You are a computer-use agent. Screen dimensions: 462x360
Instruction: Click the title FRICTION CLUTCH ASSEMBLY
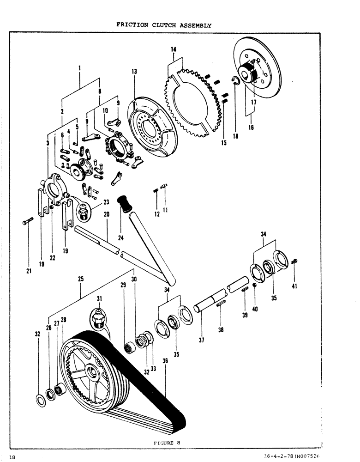click(x=164, y=25)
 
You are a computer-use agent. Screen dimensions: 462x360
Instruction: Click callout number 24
click(x=120, y=238)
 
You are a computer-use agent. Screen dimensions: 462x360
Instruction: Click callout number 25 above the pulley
click(x=80, y=280)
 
